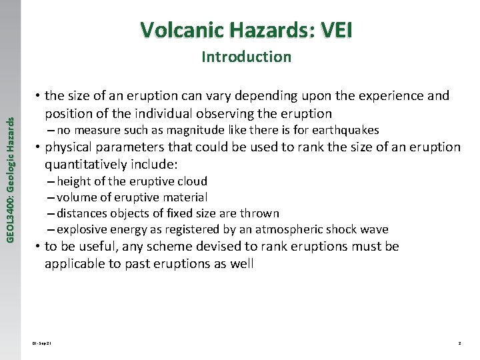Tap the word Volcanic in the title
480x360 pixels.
pyautogui.click(x=181, y=30)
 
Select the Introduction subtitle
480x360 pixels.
pyautogui.click(x=246, y=57)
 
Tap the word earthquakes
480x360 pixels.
pyautogui.click(x=346, y=130)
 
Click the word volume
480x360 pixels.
pyautogui.click(x=77, y=197)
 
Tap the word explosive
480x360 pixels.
pyautogui.click(x=81, y=229)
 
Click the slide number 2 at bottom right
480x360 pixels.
pyautogui.click(x=459, y=343)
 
